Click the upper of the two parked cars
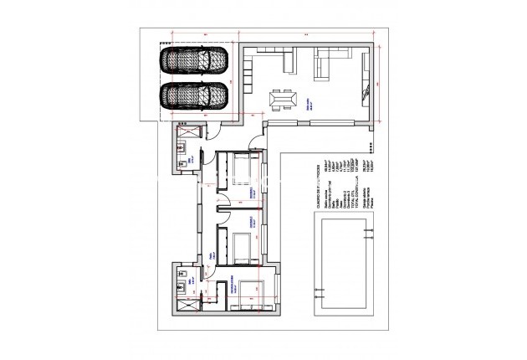point(194,61)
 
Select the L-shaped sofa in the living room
point(334,63)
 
